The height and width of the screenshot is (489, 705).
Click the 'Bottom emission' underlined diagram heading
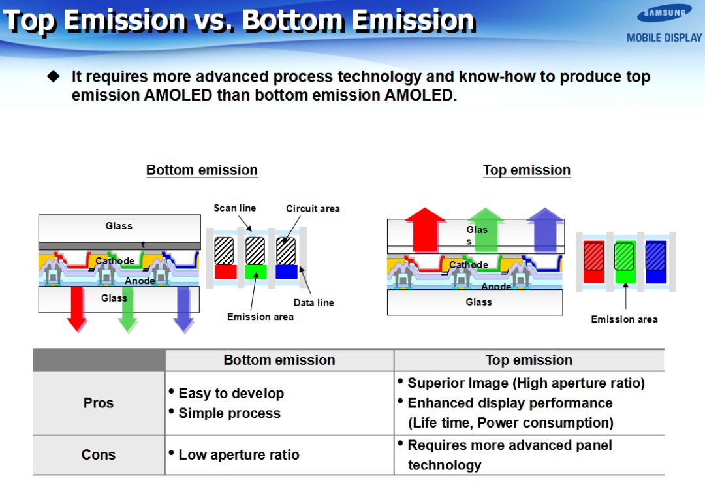[x=202, y=170]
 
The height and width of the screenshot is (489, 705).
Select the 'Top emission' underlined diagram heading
[x=527, y=170]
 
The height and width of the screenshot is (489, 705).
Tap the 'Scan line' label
[x=235, y=208]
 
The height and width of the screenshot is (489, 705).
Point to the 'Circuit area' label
[x=313, y=208]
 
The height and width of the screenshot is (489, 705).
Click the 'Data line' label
[x=314, y=303]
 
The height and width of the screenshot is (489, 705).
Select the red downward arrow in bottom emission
[x=77, y=309]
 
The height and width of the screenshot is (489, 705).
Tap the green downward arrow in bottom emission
[x=128, y=309]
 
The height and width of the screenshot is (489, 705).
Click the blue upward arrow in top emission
[x=545, y=229]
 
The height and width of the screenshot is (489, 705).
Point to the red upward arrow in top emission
[x=424, y=229]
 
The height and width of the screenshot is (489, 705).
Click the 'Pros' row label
[x=99, y=403]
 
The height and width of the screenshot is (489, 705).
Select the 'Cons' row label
[x=99, y=455]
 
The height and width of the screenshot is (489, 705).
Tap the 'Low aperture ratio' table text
[x=239, y=455]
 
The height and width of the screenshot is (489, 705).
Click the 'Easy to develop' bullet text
[x=231, y=394]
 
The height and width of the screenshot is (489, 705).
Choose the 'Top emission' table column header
[x=529, y=360]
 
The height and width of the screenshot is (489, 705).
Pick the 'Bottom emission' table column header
[x=279, y=360]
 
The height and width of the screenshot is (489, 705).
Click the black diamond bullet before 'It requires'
[x=54, y=76]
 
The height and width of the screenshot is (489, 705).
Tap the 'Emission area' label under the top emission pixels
[x=624, y=319]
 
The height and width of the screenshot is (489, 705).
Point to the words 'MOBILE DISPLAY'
[x=664, y=38]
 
